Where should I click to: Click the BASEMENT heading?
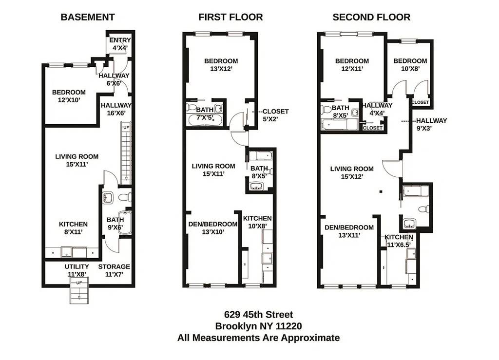point(88,17)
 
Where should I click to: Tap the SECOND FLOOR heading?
point(371,17)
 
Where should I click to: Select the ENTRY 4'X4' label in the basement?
point(120,44)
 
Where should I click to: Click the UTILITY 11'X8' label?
point(77,270)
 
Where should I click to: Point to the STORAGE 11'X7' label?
point(114,270)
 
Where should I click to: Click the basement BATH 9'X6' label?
point(115,224)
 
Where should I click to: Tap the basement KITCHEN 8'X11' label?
point(74,228)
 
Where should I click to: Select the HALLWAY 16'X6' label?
point(116,109)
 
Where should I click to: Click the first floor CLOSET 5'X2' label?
point(275,115)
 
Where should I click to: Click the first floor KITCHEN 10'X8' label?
point(257,222)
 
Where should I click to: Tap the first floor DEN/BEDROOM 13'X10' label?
point(213,228)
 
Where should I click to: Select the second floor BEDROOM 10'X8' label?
point(410,65)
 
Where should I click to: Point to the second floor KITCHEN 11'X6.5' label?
point(399,241)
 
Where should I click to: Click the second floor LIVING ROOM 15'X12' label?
point(352,173)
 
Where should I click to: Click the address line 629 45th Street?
point(258,315)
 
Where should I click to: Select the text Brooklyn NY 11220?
point(258,326)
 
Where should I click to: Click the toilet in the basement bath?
point(126,197)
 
